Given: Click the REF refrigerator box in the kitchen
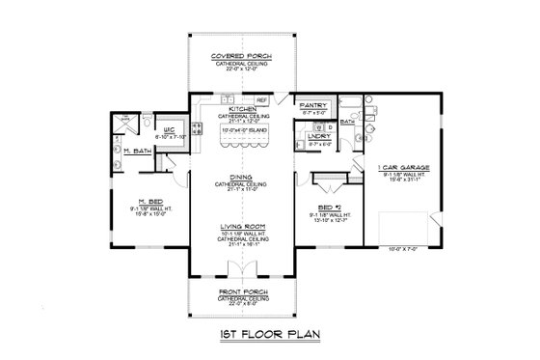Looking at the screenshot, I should pyautogui.click(x=260, y=99).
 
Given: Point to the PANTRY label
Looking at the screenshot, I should pyautogui.click(x=313, y=104).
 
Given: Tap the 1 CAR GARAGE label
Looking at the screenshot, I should pyautogui.click(x=403, y=166).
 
